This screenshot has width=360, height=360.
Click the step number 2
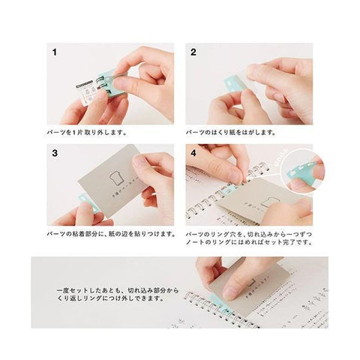click(x=193, y=54)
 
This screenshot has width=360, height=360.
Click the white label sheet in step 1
click(x=88, y=97)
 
